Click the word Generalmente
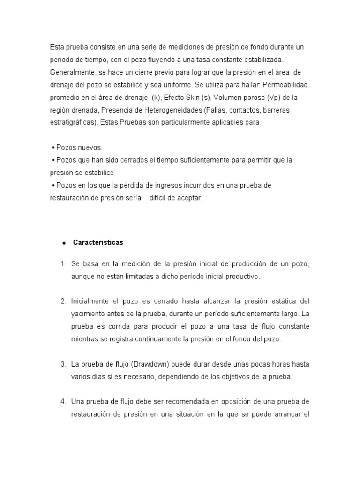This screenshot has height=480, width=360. pos(71,72)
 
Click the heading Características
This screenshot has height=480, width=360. pos(98,242)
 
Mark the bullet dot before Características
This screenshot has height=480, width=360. pos(63,243)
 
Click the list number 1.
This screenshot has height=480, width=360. pos(63,264)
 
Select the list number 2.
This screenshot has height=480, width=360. pos(63,300)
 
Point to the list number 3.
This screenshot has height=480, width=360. pos(63,364)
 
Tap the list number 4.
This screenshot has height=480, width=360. pos(63,402)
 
